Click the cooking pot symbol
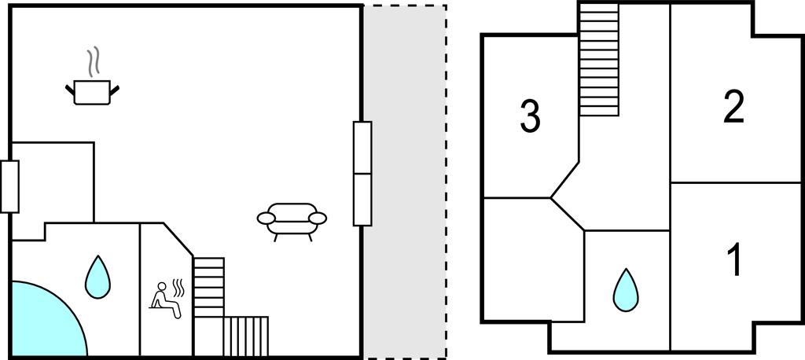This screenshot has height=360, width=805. pos(93,93)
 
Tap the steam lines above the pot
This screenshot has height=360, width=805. pos(93,61)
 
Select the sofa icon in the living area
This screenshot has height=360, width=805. pos(292,221)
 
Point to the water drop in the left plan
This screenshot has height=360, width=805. pos(97,277)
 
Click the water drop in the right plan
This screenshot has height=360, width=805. pos(626,290)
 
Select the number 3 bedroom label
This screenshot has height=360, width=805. pos(531,116)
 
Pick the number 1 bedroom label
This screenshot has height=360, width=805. pos(735,260)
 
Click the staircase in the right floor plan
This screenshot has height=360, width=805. pos(598,60)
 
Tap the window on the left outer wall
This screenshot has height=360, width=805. pos(9,186)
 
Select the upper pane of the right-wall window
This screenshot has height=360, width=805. pos(362,148)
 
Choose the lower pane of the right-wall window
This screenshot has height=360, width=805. pos(362,200)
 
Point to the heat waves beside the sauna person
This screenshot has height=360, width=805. pos(178,288)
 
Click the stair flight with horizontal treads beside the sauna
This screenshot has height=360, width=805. pos(208,287)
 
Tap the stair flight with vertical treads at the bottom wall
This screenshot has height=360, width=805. pos(246,336)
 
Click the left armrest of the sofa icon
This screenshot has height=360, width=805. pos(266,219)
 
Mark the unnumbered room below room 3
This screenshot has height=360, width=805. pos(534,260)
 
